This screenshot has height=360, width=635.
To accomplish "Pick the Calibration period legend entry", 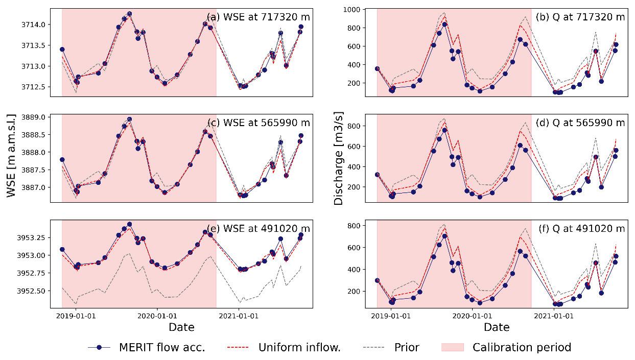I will coord(506,348).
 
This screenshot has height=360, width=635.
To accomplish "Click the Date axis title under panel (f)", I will coord(496,327).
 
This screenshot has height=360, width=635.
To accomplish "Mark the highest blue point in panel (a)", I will coord(129,14).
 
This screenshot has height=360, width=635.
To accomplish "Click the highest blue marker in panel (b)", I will coord(444,24).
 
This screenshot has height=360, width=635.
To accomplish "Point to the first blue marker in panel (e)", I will coord(62,249).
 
